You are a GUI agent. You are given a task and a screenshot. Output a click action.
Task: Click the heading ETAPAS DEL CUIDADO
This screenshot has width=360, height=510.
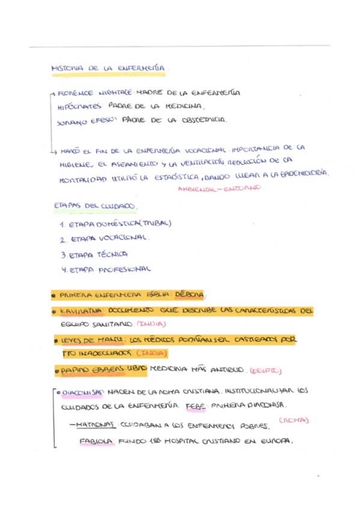(94, 206)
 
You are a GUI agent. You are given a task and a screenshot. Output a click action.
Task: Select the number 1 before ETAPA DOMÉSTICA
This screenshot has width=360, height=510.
(63, 224)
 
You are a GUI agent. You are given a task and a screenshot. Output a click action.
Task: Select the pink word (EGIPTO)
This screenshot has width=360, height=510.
(266, 369)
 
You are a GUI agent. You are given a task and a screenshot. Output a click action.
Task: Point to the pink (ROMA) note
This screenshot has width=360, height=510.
(294, 420)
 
